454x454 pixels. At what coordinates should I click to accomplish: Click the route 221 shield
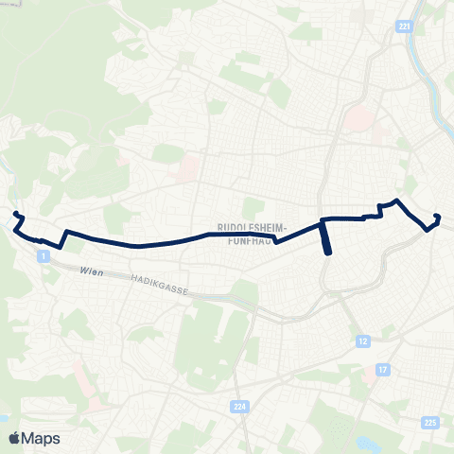(405, 28)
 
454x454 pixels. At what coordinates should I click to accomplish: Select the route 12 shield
(362, 340)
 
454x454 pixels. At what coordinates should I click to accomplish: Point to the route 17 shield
(382, 368)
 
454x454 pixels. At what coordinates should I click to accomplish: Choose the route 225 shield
(430, 423)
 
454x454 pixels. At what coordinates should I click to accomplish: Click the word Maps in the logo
(43, 439)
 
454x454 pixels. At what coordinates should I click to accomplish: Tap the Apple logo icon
(14, 439)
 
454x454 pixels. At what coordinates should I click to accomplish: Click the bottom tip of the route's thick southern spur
(328, 253)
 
